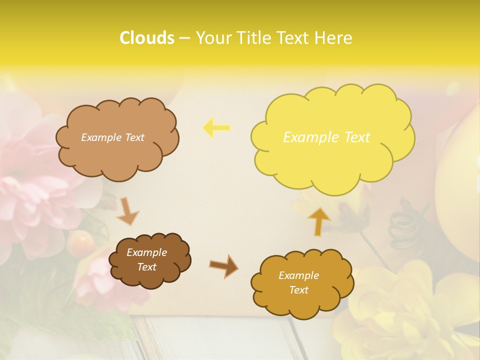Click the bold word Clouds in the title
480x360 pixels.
[146, 38]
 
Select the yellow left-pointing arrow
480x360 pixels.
[216, 128]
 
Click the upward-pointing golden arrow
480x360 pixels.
[318, 221]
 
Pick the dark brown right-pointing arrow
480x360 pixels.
[224, 266]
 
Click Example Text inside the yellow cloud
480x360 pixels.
[326, 137]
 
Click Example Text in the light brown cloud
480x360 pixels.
[112, 137]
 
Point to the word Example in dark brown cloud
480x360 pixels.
[146, 252]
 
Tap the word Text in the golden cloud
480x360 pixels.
[298, 290]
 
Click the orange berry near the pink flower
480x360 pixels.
[81, 242]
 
